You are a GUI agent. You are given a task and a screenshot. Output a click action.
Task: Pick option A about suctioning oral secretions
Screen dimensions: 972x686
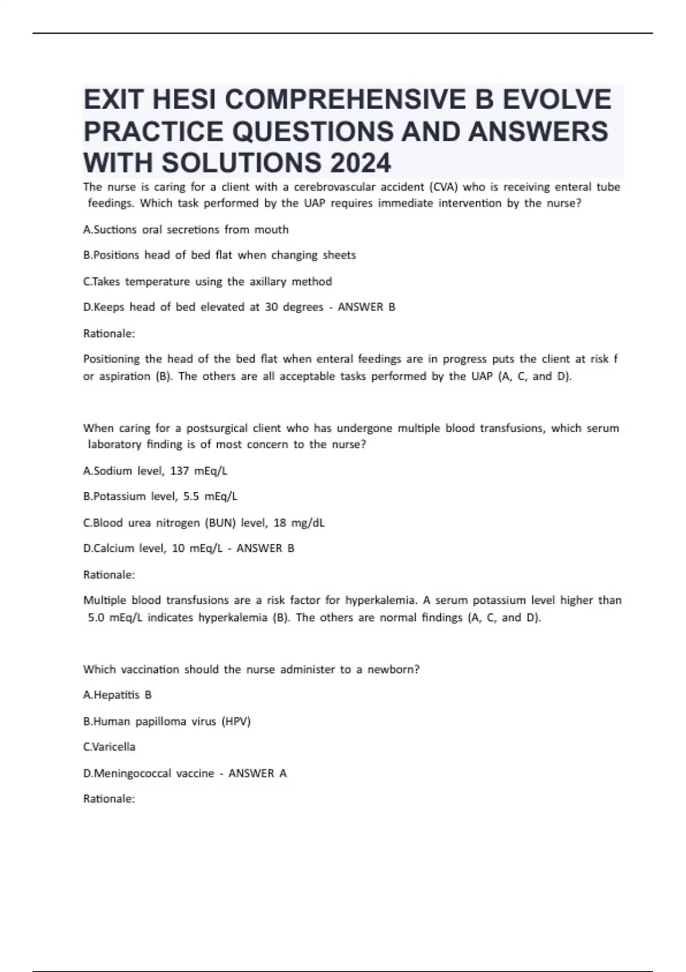pos(186,230)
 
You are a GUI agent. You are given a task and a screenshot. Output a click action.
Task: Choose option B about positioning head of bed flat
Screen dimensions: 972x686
pos(220,255)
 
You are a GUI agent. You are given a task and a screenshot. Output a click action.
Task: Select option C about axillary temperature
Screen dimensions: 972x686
pos(208,281)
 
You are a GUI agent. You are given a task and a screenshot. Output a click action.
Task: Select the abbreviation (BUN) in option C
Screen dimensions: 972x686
pos(220,523)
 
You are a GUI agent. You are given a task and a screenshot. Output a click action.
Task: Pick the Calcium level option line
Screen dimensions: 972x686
pos(152,548)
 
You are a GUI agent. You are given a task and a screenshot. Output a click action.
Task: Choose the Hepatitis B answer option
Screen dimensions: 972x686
pos(117,695)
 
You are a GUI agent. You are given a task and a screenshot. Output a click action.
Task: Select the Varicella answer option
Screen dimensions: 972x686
pos(109,747)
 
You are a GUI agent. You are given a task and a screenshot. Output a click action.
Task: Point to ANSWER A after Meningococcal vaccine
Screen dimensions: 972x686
pos(257,774)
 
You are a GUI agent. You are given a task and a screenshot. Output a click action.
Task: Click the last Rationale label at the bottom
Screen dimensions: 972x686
pos(109,799)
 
